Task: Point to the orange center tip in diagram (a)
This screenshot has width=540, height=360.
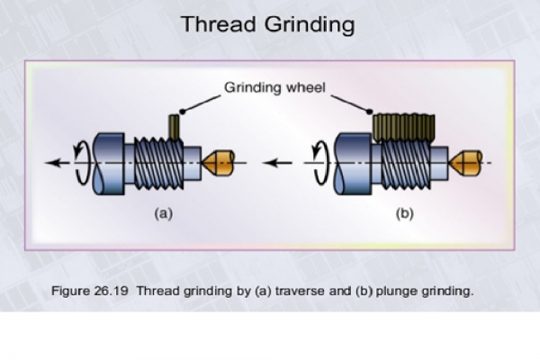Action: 219,164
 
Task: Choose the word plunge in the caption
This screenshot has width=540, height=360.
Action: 403,290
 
